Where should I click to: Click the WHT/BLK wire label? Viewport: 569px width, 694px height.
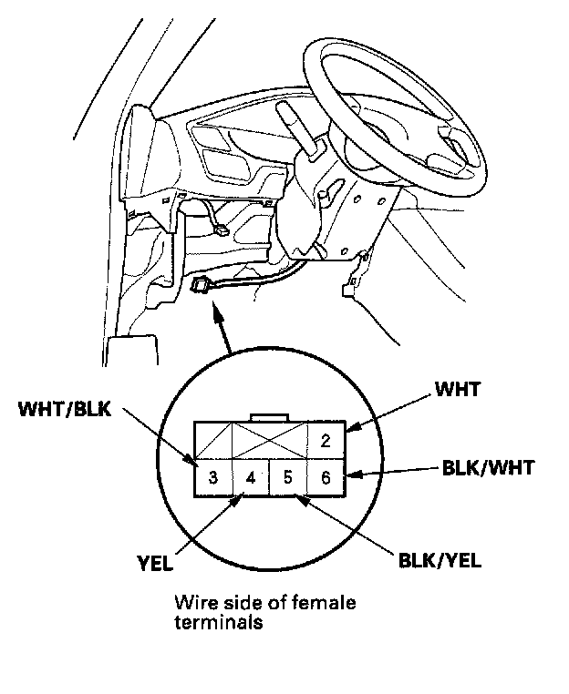pos(64,409)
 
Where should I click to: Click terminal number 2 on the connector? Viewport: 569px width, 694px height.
pos(324,441)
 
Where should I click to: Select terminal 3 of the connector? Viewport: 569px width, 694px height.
pos(212,476)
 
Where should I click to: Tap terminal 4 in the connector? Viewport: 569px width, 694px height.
pos(250,476)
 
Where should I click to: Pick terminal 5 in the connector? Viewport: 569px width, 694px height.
pos(287,476)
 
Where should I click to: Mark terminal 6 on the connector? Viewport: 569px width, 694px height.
pos(325,476)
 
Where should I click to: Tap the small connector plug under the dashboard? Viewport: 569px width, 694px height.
pos(200,288)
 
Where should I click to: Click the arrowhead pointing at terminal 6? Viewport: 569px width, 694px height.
pos(354,474)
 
